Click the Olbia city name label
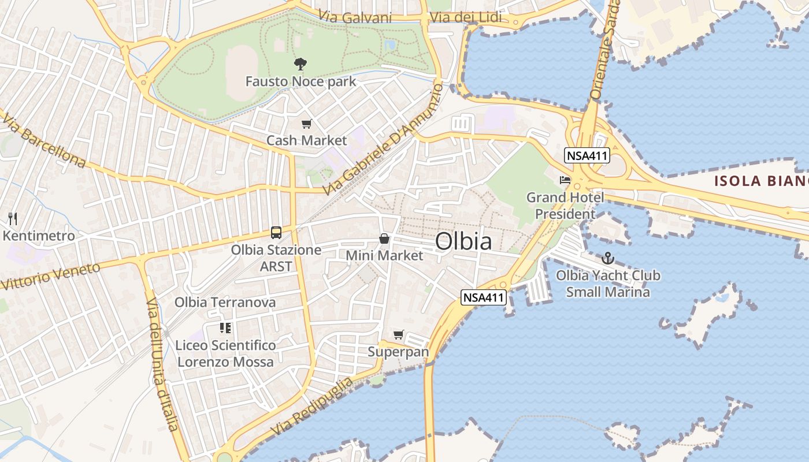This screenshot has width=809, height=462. tap(463, 241)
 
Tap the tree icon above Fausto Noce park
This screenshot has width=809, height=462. tap(300, 64)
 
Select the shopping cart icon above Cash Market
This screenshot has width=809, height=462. tap(306, 124)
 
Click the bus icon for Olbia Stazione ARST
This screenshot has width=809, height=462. tap(276, 233)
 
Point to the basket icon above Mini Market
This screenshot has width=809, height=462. tap(384, 239)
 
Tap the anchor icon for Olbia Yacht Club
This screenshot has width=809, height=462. tap(607, 258)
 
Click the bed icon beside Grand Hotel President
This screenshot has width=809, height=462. tap(565, 181)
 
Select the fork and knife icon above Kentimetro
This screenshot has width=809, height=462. tap(13, 219)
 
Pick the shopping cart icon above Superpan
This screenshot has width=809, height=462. tap(398, 335)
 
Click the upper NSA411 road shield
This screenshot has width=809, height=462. tap(587, 155)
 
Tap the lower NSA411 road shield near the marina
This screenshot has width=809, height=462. tap(484, 298)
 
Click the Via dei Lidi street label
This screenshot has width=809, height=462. tap(466, 18)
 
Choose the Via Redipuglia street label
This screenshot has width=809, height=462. tap(311, 407)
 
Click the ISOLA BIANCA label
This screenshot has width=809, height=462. tap(761, 181)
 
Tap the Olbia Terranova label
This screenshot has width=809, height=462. tap(225, 302)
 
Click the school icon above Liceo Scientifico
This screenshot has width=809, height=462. tap(225, 329)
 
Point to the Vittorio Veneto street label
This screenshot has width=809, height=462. tap(51, 276)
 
